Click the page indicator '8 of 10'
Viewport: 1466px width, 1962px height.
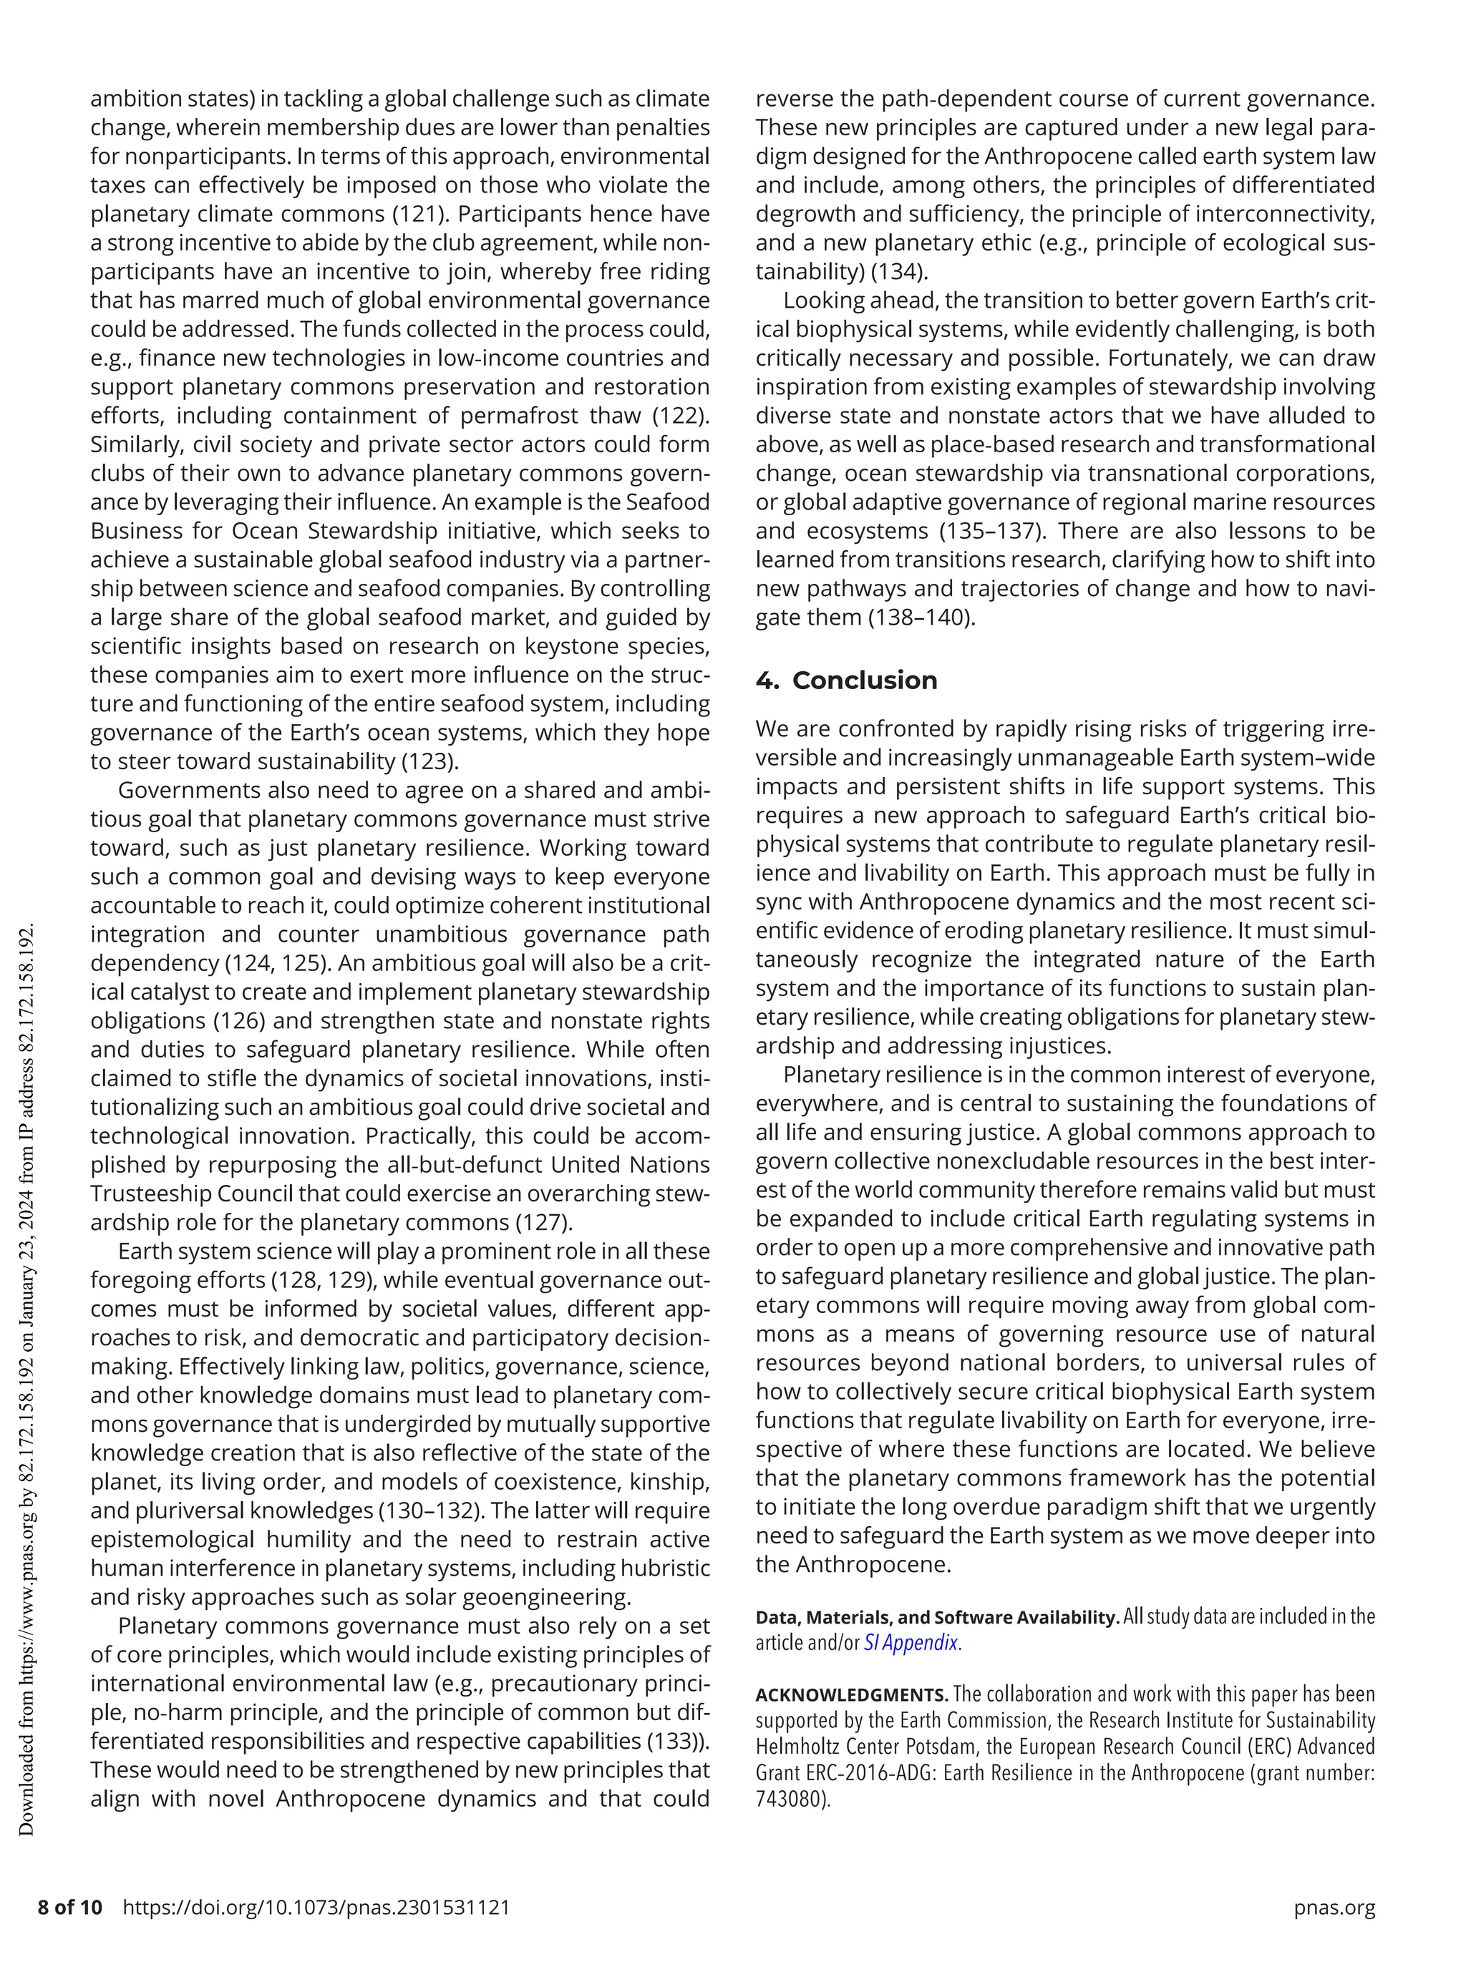(x=70, y=1907)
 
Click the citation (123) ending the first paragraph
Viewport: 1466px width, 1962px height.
(x=430, y=761)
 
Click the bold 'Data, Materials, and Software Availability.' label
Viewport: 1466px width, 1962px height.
(x=936, y=1617)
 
